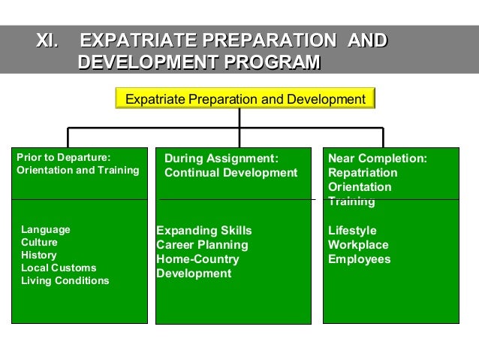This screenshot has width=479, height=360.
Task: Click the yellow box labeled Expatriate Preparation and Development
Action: [x=244, y=99]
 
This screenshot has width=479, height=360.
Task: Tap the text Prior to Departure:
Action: [x=64, y=157]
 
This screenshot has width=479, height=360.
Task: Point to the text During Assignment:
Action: [x=221, y=159]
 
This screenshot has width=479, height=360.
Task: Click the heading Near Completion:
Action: [x=378, y=159]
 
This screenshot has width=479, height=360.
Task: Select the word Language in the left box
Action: [x=46, y=229]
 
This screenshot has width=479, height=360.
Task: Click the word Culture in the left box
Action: [x=39, y=242]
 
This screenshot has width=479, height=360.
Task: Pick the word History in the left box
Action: [x=39, y=255]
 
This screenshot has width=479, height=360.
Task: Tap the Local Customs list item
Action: [x=59, y=268]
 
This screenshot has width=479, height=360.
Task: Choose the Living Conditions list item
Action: [x=65, y=280]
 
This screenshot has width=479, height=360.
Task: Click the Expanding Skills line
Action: [x=204, y=231]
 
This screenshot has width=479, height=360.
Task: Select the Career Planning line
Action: [x=202, y=245]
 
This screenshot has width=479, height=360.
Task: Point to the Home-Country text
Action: [x=197, y=259]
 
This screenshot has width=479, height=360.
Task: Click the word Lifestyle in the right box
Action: [x=352, y=231]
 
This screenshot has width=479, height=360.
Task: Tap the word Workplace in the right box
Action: [x=358, y=245]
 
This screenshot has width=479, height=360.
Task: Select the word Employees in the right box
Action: [x=360, y=259]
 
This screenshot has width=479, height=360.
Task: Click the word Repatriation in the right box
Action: [x=363, y=173]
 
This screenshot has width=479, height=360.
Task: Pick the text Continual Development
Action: [x=231, y=173]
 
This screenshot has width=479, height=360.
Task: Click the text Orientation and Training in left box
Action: [x=78, y=170]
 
